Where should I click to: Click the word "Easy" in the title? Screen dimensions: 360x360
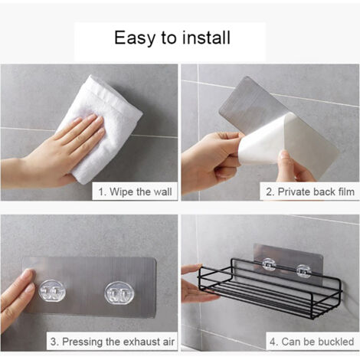135,38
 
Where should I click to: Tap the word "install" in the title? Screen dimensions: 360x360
206,38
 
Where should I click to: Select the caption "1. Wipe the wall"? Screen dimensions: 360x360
135,191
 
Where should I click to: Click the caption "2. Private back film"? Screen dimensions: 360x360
310,191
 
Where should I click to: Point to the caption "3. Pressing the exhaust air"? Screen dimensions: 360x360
113,342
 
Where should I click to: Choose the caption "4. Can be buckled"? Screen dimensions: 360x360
312,342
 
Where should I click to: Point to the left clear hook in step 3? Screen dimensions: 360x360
52,293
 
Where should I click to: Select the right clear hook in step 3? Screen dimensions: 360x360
119,293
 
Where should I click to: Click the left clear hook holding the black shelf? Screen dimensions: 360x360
270,265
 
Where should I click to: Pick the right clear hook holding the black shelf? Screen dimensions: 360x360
304,272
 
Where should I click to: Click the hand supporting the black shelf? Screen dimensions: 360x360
197,283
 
